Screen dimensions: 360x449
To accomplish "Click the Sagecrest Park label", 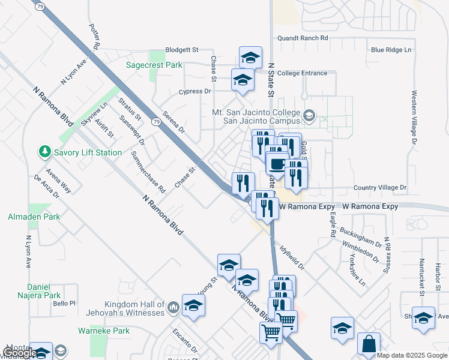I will pos(154,65).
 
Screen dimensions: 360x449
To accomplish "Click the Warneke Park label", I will pos(104,331).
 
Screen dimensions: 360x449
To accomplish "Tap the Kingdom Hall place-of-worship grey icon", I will pos(173,308).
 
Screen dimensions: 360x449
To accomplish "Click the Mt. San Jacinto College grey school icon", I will pos(309,115).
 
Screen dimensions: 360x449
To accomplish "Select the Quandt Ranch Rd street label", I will pos(303,38).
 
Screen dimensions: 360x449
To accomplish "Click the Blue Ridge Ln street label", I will pos(391,50).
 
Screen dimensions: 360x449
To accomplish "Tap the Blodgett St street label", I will pos(182,50).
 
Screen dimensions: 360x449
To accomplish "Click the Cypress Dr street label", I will pos(195,92).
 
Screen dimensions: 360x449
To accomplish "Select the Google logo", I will pos(20,353).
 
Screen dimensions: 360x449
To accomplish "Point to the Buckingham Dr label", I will pos(360,237).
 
